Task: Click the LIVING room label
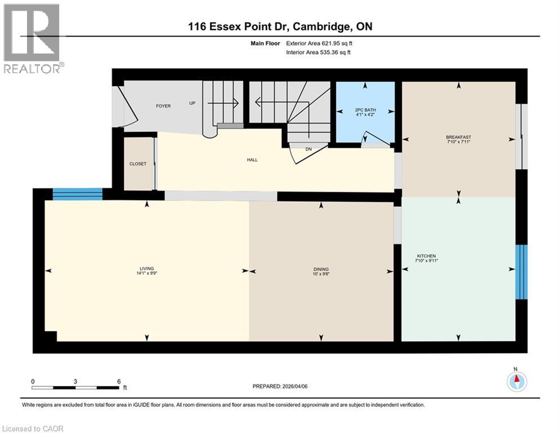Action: pyautogui.click(x=147, y=268)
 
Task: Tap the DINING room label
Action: pyautogui.click(x=321, y=269)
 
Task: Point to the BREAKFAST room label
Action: pyautogui.click(x=458, y=137)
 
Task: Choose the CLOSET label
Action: pyautogui.click(x=137, y=164)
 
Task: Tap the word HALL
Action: pyautogui.click(x=252, y=160)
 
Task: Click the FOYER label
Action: pyautogui.click(x=163, y=105)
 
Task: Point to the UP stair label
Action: pyautogui.click(x=192, y=103)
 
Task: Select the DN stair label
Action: pyautogui.click(x=308, y=149)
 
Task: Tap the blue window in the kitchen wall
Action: pyautogui.click(x=522, y=272)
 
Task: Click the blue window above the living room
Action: pyautogui.click(x=77, y=194)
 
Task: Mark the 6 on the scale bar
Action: pyautogui.click(x=119, y=381)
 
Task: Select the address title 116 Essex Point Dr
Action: pyautogui.click(x=280, y=26)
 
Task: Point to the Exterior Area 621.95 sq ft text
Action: pyautogui.click(x=320, y=43)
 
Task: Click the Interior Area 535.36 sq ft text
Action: pyautogui.click(x=319, y=52)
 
